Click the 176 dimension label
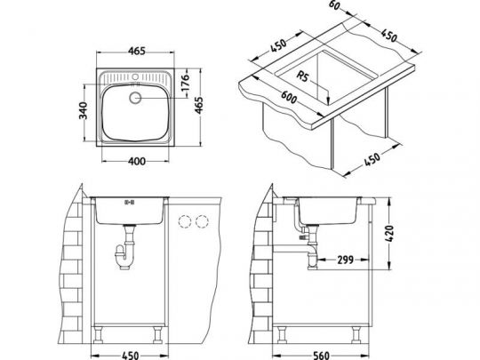coord(187,85)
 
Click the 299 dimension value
coord(345,260)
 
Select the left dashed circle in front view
coord(184,221)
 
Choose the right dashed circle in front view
coord(204,221)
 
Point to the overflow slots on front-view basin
coord(129,202)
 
